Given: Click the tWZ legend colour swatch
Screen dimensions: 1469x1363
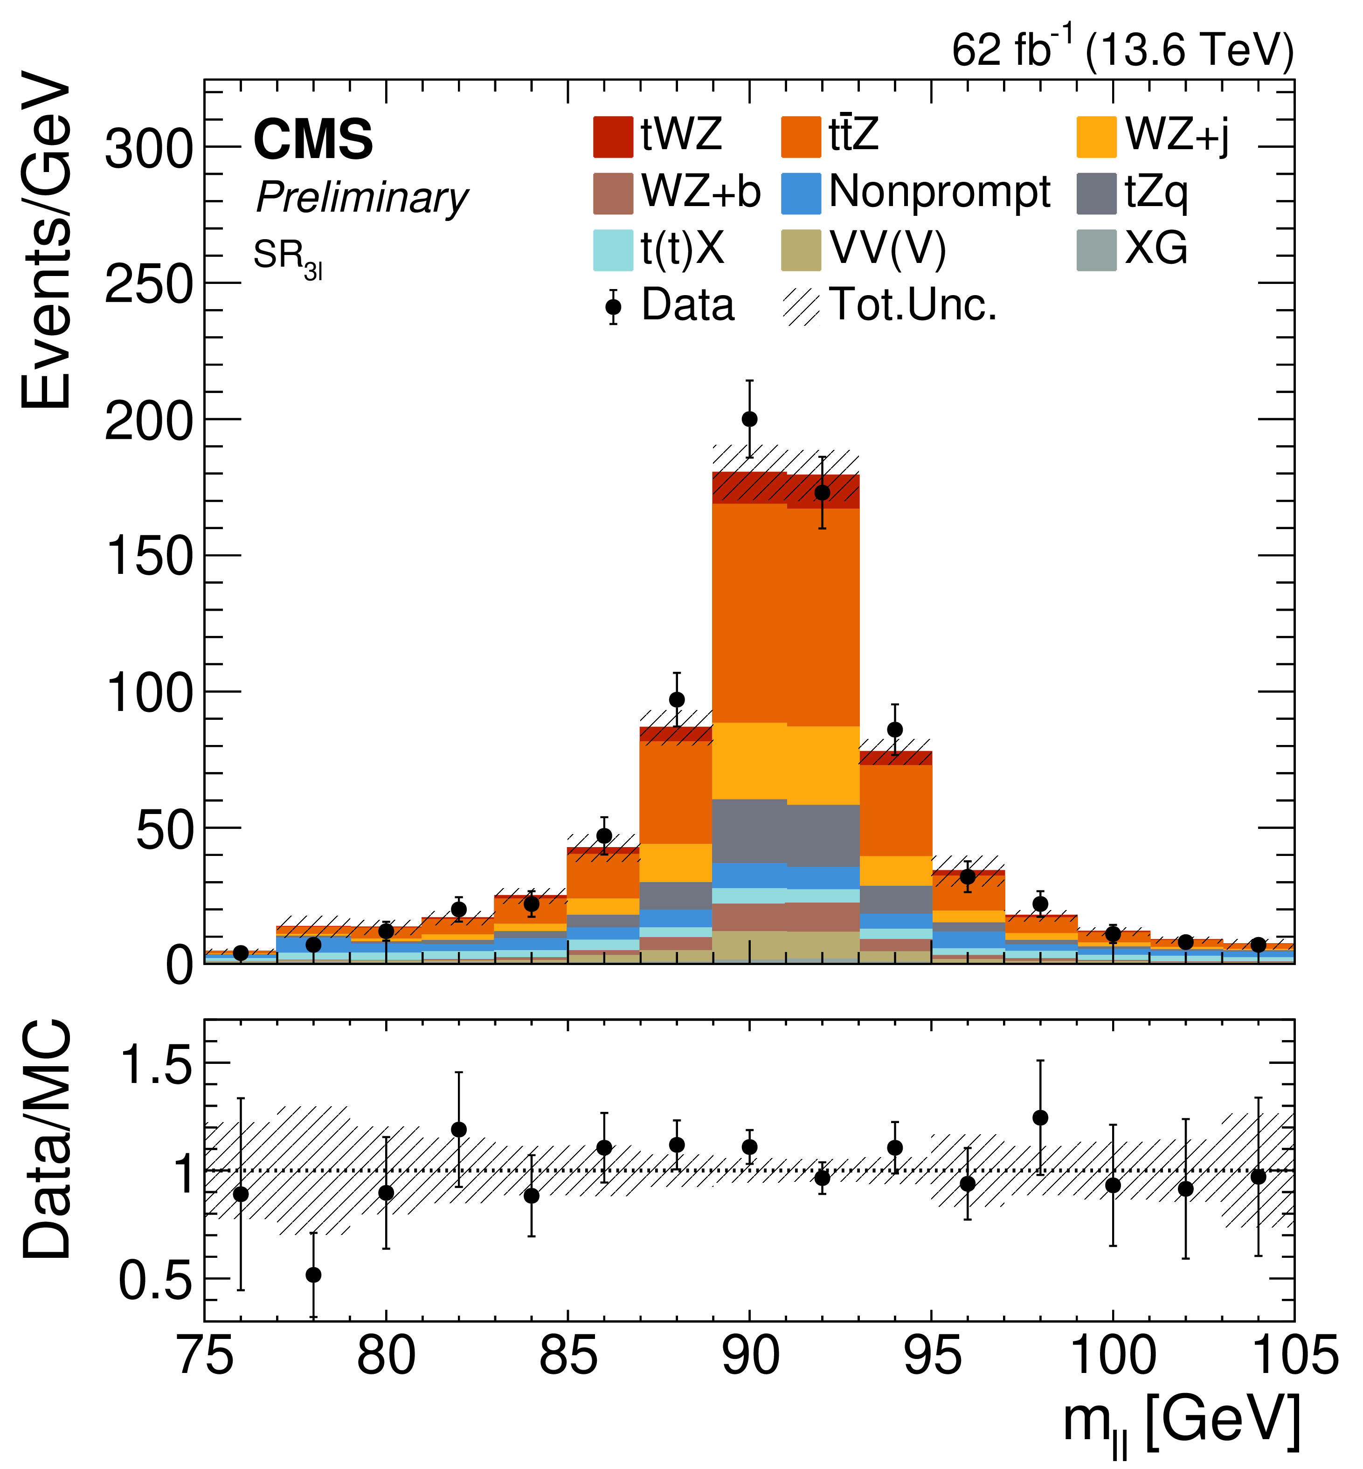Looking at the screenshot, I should click(613, 137).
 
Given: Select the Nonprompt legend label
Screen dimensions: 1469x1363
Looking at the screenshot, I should click(939, 193).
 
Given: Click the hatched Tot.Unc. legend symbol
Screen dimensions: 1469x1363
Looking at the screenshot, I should click(801, 306).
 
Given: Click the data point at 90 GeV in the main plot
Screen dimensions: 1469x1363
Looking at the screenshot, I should click(749, 419).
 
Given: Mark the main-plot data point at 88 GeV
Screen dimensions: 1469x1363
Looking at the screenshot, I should click(676, 699).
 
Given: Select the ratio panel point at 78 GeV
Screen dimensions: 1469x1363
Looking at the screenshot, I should click(313, 1274).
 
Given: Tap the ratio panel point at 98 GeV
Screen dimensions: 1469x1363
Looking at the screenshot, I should click(1040, 1117).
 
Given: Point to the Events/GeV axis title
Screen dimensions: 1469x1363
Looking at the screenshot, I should click(46, 240).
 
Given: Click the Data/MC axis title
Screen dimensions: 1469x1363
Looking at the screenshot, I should click(46, 1139).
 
